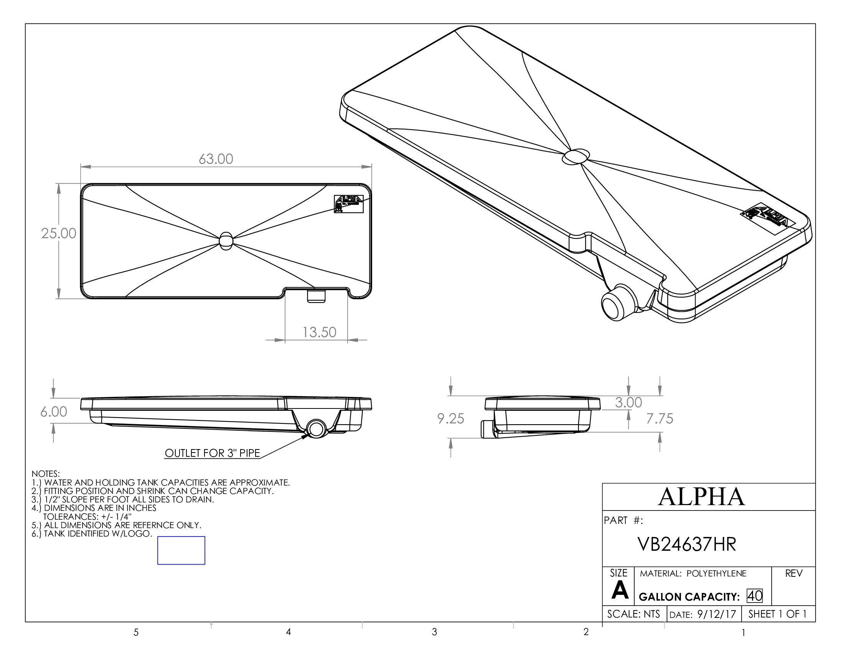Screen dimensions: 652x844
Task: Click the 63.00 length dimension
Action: click(216, 159)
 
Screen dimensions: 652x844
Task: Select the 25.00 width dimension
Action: click(59, 233)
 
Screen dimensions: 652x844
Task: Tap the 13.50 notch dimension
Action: click(319, 332)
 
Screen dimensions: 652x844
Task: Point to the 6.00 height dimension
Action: click(54, 412)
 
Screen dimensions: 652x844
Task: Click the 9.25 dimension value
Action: click(451, 418)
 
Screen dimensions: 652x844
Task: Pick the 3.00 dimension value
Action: click(628, 402)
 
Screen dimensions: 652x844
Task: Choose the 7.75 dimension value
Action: click(660, 418)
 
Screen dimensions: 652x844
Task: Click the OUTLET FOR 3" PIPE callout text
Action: click(212, 453)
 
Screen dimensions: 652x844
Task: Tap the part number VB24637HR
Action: click(687, 544)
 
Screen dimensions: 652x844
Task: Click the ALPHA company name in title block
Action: click(701, 497)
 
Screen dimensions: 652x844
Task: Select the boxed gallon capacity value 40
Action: click(755, 596)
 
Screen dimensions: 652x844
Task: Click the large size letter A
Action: click(620, 591)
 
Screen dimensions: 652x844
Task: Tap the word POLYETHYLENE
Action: click(717, 573)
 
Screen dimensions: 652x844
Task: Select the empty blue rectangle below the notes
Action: click(181, 550)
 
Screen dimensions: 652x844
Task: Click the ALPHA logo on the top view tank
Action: click(349, 204)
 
